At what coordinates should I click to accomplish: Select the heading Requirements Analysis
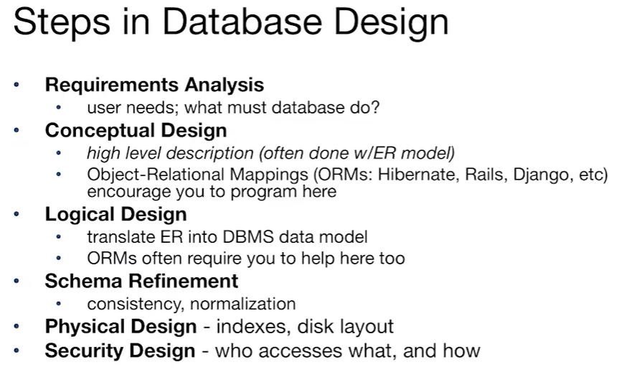tap(154, 85)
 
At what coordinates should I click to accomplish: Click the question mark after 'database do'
tap(375, 108)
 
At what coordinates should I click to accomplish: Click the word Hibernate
tap(400, 175)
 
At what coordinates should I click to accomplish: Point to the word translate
tap(115, 236)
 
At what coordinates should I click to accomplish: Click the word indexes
tap(248, 327)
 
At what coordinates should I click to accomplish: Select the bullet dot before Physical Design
tap(17, 327)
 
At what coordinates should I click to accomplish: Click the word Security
tap(80, 351)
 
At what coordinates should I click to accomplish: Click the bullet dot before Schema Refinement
tap(17, 280)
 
